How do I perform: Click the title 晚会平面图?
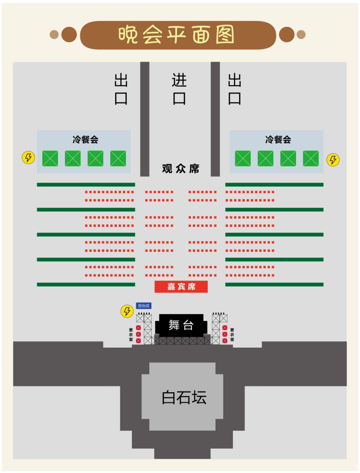pos(176,35)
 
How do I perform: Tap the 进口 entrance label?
pos(179,89)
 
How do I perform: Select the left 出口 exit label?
pos(121,89)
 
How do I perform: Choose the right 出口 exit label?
pos(234,89)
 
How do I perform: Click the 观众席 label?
pos(180,169)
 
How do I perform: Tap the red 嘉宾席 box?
pos(181,287)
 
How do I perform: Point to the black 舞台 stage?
pos(181,325)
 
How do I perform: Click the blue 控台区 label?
pos(144,306)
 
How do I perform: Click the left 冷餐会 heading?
pos(85,139)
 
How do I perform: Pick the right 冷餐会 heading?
pos(278,139)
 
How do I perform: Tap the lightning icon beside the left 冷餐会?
pos(28,157)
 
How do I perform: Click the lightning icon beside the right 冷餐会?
pos(333,160)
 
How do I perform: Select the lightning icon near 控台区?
pos(127,311)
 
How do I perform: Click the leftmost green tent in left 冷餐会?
pos(50,158)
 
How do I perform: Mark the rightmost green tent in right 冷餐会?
pos(311,158)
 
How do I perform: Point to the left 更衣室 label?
pos(131,335)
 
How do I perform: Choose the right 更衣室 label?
pos(232,335)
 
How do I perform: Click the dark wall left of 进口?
pos(144,119)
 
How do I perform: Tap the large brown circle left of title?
pos(69,35)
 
